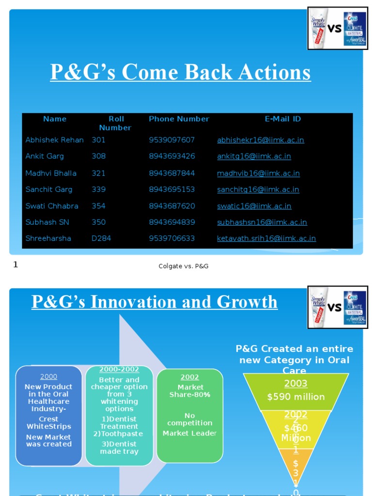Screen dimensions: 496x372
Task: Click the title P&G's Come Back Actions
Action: pyautogui.click(x=180, y=72)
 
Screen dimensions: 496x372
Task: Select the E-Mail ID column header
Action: pyautogui.click(x=282, y=119)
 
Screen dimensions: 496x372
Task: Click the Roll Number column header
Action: pyautogui.click(x=116, y=123)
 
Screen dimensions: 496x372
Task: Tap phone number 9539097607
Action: pyautogui.click(x=171, y=140)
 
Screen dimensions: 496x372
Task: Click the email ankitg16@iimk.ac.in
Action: pyautogui.click(x=254, y=156)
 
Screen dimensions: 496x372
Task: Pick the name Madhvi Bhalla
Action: pyautogui.click(x=51, y=173)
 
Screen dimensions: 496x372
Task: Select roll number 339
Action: pyautogui.click(x=98, y=189)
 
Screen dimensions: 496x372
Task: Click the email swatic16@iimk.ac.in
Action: pyautogui.click(x=254, y=206)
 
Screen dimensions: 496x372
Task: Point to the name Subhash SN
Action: pyautogui.click(x=47, y=222)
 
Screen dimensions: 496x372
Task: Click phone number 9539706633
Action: pyautogui.click(x=171, y=238)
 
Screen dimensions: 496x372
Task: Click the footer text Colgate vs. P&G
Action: pyautogui.click(x=184, y=266)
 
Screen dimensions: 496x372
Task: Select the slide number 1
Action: pyautogui.click(x=15, y=264)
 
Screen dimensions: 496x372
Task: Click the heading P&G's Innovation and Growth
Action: pyautogui.click(x=155, y=302)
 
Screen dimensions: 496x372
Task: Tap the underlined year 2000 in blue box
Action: pyautogui.click(x=48, y=376)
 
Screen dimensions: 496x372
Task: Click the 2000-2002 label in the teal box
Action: pyautogui.click(x=119, y=370)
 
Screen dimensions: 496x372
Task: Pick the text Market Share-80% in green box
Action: pyautogui.click(x=190, y=391)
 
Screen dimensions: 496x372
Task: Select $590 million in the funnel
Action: pyautogui.click(x=295, y=397)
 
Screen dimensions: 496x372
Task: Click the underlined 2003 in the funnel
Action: pyautogui.click(x=295, y=384)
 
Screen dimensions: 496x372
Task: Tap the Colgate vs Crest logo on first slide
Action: pyautogui.click(x=338, y=28)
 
